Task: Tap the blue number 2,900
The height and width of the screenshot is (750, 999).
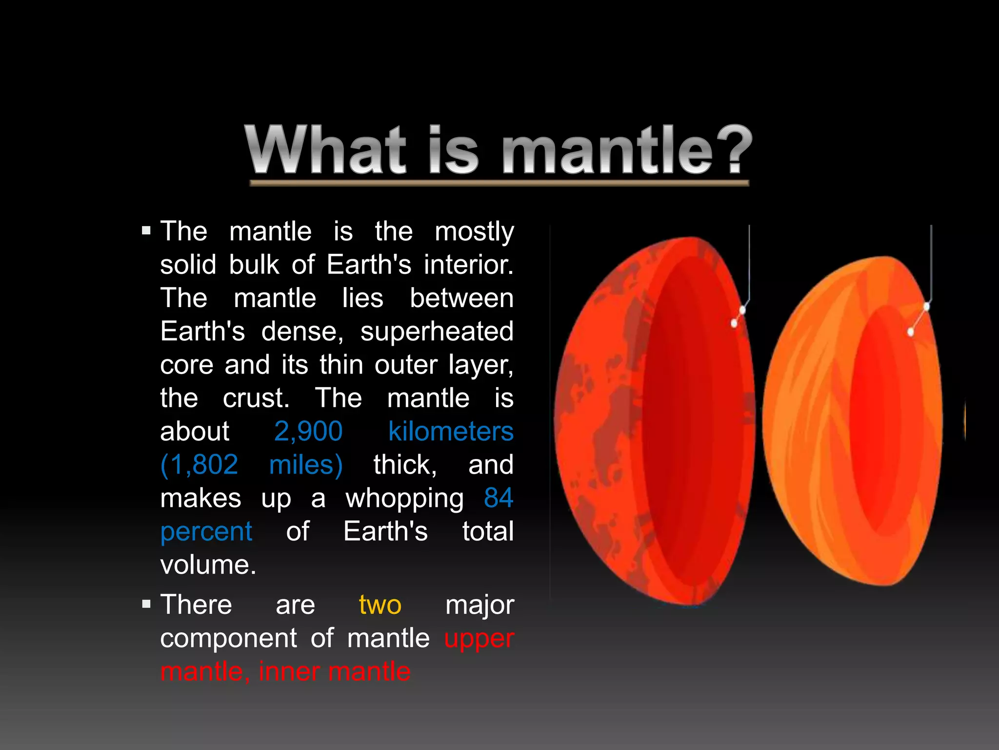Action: [x=308, y=432]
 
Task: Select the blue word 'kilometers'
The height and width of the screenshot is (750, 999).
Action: [x=451, y=432]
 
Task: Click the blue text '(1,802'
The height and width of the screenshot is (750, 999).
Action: [x=199, y=465]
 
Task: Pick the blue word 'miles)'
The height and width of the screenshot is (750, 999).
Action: [x=306, y=465]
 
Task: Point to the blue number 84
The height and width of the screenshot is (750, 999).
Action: [x=499, y=498]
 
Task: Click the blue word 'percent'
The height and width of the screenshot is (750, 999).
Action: [x=206, y=532]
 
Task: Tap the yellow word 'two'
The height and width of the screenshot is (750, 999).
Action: [x=380, y=605]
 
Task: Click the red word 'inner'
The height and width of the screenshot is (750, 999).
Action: [x=288, y=672]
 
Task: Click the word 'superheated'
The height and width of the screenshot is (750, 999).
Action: [x=437, y=332]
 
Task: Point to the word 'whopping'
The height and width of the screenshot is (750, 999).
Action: [x=404, y=499]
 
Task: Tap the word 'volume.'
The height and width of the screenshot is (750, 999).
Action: [x=208, y=565]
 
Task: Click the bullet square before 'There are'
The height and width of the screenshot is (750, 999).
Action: [x=146, y=604]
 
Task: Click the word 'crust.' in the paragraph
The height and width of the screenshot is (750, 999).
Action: [x=256, y=398]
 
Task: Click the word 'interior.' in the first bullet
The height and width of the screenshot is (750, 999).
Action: [x=468, y=265]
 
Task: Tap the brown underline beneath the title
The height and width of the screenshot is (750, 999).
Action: [x=499, y=183]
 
